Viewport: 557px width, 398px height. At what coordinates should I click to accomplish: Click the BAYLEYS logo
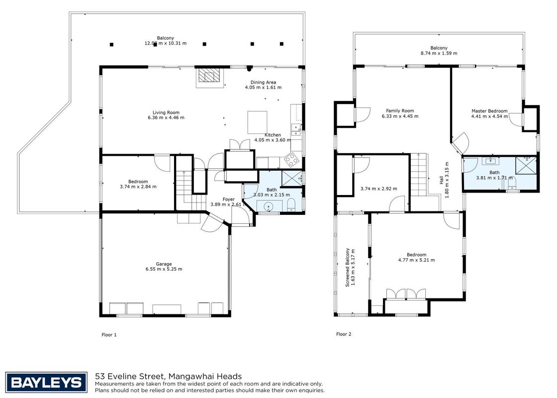tap(46, 383)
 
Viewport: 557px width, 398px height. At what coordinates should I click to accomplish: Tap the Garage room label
tap(164, 264)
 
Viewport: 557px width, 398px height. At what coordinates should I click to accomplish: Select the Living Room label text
tap(166, 112)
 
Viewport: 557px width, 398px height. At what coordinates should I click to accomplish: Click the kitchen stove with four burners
tap(291, 160)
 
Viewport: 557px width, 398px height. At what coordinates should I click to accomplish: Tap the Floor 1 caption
tap(109, 335)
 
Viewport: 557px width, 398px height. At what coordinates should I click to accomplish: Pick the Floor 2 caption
tap(344, 334)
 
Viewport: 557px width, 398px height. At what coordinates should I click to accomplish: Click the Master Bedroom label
tap(489, 111)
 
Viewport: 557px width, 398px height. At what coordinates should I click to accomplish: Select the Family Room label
tap(400, 111)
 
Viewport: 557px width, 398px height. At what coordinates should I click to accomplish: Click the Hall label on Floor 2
tap(441, 180)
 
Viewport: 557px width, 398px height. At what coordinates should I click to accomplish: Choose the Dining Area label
tap(263, 82)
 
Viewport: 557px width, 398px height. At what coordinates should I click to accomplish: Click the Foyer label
tap(228, 199)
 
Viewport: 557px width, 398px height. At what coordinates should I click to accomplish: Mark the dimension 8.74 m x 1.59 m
tap(439, 53)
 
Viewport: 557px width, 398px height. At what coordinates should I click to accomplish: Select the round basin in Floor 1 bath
tap(269, 206)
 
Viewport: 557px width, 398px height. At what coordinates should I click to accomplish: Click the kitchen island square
tap(257, 122)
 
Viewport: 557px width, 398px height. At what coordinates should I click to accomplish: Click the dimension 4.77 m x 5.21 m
tap(416, 260)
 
